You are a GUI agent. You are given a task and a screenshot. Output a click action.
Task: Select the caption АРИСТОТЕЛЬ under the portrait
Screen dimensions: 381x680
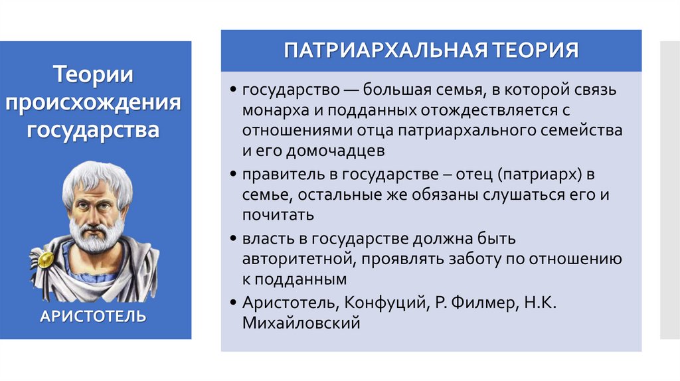tap(93, 315)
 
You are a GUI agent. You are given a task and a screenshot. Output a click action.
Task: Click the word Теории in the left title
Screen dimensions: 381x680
tap(93, 74)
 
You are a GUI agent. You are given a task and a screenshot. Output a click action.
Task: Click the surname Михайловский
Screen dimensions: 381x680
tap(301, 323)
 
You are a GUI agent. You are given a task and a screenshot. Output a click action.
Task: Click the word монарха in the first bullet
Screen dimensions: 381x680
tap(270, 110)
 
